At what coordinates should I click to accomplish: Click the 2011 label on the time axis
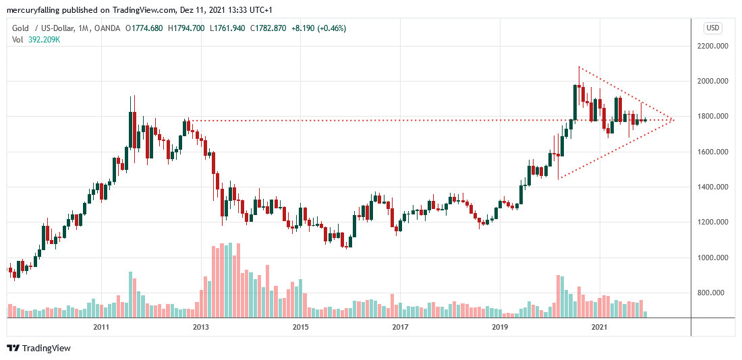101,327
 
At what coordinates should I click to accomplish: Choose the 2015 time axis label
300,327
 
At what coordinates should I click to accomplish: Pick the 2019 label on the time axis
500,327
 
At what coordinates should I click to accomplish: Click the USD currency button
713,28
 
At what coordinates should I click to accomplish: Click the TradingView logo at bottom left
39,348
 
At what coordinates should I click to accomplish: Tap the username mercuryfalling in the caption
33,10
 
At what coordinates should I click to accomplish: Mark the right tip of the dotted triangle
673,120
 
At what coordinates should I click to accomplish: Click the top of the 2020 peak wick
579,67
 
